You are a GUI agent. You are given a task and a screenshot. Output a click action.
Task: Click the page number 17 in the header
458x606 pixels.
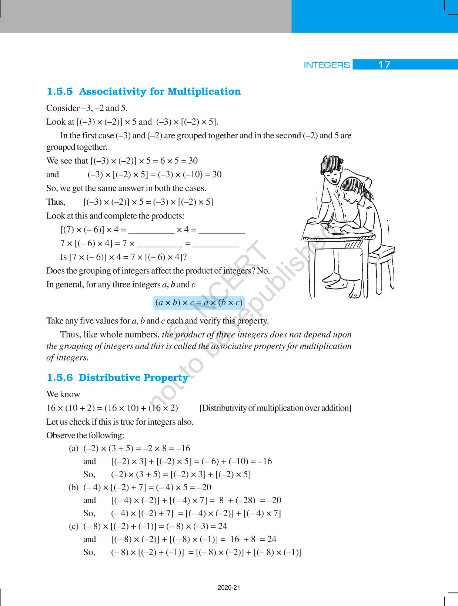(384, 65)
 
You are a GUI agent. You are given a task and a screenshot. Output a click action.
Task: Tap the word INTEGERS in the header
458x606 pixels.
(327, 65)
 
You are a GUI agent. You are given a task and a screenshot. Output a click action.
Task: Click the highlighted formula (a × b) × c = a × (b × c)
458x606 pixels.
(199, 303)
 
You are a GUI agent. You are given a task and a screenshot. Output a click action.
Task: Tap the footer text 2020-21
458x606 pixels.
(229, 588)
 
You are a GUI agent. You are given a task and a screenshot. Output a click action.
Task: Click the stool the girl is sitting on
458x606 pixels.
(381, 260)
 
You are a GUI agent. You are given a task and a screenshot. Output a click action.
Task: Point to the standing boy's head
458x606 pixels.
(331, 169)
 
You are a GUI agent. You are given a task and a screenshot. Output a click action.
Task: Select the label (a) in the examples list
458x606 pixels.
(74, 448)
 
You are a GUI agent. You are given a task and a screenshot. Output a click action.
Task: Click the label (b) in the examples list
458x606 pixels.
(73, 487)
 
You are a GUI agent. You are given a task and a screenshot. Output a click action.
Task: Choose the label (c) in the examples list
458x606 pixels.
(73, 526)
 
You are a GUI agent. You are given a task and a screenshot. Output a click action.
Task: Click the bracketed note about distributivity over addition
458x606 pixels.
(275, 408)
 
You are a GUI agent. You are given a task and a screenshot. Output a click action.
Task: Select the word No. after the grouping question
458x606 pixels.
(263, 271)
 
